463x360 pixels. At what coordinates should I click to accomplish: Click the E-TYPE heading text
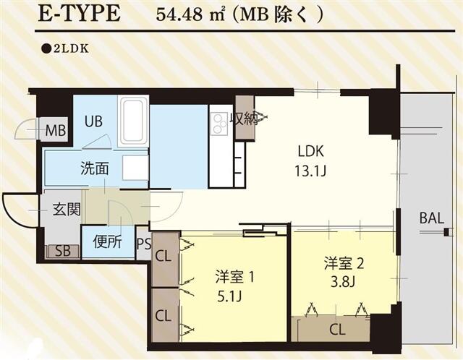click(x=80, y=15)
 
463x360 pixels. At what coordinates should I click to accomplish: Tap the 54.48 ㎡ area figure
click(x=184, y=16)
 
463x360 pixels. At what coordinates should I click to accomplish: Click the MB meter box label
click(x=56, y=132)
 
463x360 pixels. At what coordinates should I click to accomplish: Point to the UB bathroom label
click(x=93, y=121)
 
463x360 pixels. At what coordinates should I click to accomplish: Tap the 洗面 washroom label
click(x=94, y=168)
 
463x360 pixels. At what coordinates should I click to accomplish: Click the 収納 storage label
click(x=244, y=119)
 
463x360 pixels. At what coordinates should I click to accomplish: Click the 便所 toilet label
click(x=107, y=242)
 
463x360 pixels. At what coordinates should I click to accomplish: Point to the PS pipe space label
click(x=143, y=242)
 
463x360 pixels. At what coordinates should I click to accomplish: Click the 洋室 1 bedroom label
click(x=233, y=276)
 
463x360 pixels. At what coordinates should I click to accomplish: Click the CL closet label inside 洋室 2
click(x=336, y=331)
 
